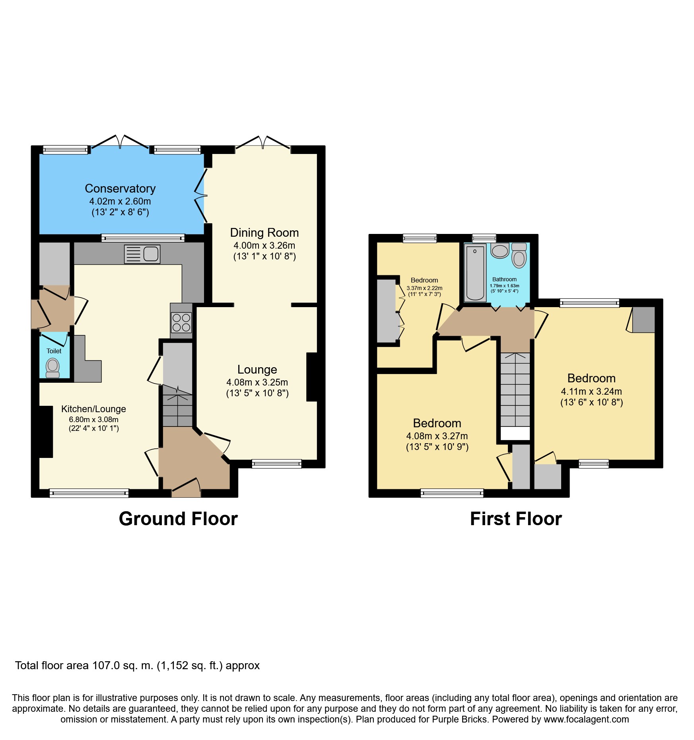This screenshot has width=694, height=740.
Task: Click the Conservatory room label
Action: click(x=120, y=188)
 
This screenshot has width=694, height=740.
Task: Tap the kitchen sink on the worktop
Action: click(x=142, y=254)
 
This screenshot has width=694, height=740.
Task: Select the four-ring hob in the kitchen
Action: click(x=181, y=322)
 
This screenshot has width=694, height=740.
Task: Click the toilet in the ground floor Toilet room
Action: click(x=53, y=368)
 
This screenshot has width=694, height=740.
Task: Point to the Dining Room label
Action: click(x=264, y=232)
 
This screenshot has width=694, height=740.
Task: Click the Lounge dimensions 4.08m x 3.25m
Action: click(x=257, y=382)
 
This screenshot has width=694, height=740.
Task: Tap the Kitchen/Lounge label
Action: click(x=93, y=409)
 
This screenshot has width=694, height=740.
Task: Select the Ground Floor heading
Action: click(x=178, y=519)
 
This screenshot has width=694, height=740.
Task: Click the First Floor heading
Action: click(x=516, y=519)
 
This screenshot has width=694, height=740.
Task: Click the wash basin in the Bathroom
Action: click(x=500, y=251)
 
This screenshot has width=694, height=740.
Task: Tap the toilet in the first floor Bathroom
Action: click(x=519, y=255)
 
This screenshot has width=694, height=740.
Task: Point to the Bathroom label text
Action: click(x=504, y=279)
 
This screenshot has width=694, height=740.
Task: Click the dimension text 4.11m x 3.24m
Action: click(x=591, y=391)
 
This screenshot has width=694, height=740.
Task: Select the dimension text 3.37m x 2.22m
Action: click(x=424, y=288)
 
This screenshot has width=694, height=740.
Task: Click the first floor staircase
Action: click(x=515, y=389)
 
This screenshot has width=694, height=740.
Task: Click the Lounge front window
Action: click(x=277, y=463)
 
